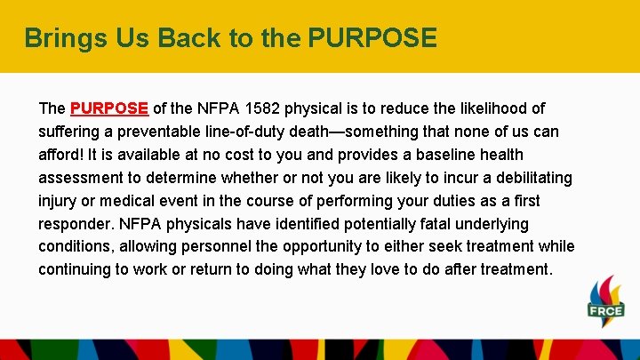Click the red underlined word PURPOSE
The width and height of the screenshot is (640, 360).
pyautogui.click(x=108, y=108)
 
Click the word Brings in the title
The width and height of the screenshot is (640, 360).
pyautogui.click(x=58, y=38)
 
